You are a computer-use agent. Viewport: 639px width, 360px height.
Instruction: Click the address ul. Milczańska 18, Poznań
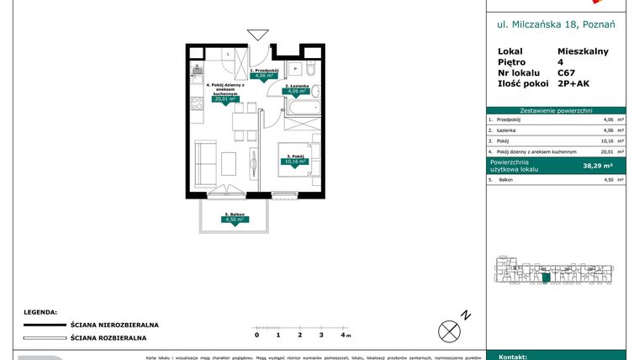pyautogui.click(x=556, y=24)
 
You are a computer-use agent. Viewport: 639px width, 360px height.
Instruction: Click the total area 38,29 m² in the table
pyautogui.click(x=597, y=166)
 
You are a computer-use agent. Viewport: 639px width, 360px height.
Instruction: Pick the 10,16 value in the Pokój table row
pyautogui.click(x=598, y=141)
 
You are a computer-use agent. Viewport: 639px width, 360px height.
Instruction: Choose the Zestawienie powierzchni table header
pyautogui.click(x=556, y=110)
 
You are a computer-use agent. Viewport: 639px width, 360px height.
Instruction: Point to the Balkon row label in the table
pyautogui.click(x=507, y=179)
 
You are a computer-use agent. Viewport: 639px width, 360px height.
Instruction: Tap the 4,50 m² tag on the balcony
pyautogui.click(x=235, y=221)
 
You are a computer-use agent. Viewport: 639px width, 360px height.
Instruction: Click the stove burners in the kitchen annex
pyautogui.click(x=197, y=103)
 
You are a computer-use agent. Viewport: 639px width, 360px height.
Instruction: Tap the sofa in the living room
pyautogui.click(x=204, y=160)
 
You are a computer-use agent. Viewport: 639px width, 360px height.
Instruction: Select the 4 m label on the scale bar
pyautogui.click(x=344, y=335)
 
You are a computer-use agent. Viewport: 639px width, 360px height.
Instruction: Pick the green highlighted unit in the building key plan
pyautogui.click(x=546, y=277)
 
